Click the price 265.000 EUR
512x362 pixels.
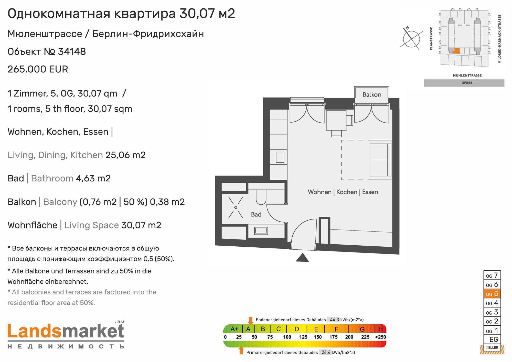tap(38, 69)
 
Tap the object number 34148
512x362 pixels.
tap(72, 51)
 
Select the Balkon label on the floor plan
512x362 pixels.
tap(372, 95)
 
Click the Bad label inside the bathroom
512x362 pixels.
tap(256, 214)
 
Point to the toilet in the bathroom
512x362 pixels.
tap(261, 197)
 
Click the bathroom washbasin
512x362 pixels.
tap(261, 231)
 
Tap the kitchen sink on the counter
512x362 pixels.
tap(280, 157)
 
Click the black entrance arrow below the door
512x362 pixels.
tap(302, 258)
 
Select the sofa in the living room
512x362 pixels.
tap(380, 160)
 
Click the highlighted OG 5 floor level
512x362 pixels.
tap(492, 294)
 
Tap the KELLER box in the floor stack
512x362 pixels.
tap(492, 348)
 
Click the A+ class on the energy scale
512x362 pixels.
tap(234, 329)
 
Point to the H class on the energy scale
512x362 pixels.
tap(381, 329)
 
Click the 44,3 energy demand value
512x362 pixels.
tap(334, 320)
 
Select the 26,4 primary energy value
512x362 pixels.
tap(326, 353)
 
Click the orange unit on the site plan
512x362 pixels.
tap(456, 51)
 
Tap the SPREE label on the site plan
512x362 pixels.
tap(467, 83)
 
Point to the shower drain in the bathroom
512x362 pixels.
tap(236, 207)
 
